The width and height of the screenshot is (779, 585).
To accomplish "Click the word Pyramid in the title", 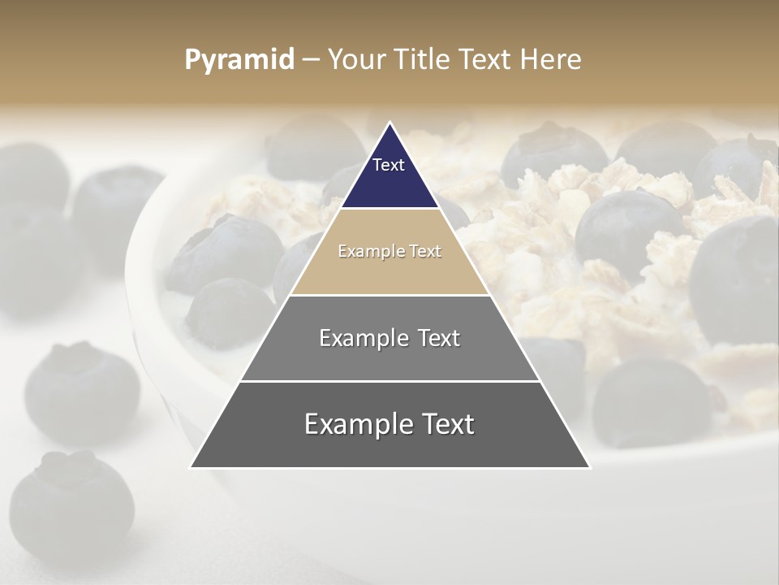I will click(x=239, y=60).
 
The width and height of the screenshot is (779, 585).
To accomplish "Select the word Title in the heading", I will click(x=424, y=59).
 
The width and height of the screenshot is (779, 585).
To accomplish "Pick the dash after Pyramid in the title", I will click(x=311, y=60).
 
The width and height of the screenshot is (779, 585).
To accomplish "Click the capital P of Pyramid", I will click(x=192, y=59).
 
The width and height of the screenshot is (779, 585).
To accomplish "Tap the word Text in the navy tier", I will click(x=389, y=165).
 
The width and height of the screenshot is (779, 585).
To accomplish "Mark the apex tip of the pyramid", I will click(x=389, y=123).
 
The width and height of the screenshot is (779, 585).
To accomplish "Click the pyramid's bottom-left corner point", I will click(x=191, y=468).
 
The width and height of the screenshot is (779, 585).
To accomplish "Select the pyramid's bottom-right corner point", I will click(x=589, y=468).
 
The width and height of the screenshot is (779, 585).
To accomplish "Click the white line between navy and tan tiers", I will click(x=389, y=209).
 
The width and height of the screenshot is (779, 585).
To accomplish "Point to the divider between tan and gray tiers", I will click(x=389, y=295).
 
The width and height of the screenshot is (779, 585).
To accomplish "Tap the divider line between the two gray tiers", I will click(x=389, y=381).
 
